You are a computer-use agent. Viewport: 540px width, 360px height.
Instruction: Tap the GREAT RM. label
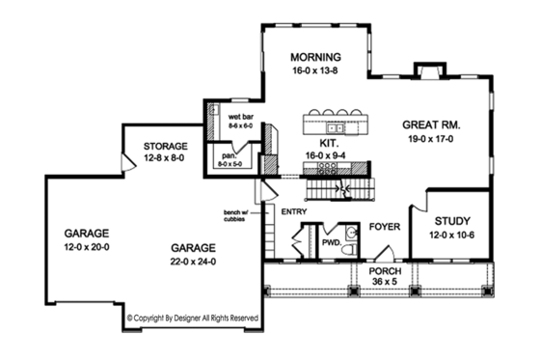(430, 125)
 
